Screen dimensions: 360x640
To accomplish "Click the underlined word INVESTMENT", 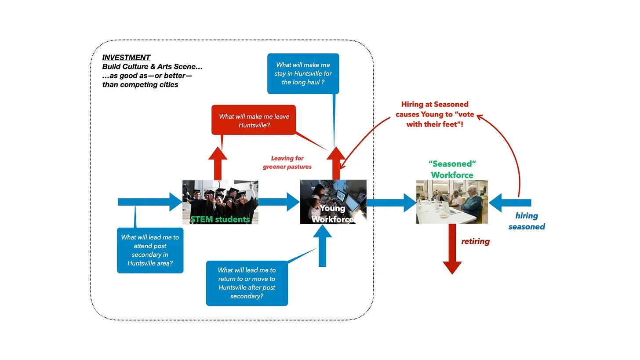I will [x=126, y=58].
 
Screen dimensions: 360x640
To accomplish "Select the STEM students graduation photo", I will [x=220, y=202].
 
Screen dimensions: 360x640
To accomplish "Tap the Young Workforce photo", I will [x=333, y=201].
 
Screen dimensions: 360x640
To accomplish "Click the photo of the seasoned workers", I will [x=452, y=202].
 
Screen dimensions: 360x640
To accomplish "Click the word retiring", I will [x=475, y=241].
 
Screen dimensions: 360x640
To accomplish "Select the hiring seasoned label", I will [x=527, y=221].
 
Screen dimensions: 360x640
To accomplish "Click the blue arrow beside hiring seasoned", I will [x=510, y=203].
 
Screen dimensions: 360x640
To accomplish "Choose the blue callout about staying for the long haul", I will [x=303, y=73].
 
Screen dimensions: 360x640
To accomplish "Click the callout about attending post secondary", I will [x=150, y=250].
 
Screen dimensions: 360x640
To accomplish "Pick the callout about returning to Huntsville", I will [x=247, y=283].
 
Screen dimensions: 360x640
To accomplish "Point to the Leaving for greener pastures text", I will [x=287, y=163].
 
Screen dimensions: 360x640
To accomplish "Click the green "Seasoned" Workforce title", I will [x=452, y=169].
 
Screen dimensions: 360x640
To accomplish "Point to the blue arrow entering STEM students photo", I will [x=149, y=202].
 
